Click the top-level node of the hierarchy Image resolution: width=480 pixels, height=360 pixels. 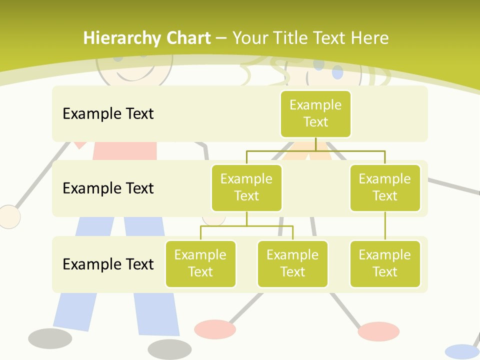coord(315,113)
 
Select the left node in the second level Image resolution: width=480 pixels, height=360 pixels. coord(246,187)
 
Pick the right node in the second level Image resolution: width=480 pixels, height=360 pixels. coord(385,187)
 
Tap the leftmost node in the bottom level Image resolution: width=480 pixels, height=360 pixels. coord(200,263)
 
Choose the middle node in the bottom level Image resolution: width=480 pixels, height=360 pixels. coord(292,263)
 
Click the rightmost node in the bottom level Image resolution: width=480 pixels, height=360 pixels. coord(385,263)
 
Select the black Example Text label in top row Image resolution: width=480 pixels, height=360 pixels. coord(108,113)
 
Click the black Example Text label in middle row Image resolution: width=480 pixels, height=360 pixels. coord(108,188)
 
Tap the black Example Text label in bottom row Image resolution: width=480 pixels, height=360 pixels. coord(108,263)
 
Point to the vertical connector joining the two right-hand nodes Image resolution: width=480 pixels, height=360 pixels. coord(385,226)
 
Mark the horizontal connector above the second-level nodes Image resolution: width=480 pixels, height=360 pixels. coord(315,150)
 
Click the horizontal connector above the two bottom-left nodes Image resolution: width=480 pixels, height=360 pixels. coord(246,226)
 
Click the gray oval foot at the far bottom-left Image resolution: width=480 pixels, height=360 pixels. coord(50,338)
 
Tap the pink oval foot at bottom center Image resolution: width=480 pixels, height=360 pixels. coord(215,329)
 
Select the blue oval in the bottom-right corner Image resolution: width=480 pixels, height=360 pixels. coord(462,351)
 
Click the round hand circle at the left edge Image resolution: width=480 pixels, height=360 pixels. coord(8,217)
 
